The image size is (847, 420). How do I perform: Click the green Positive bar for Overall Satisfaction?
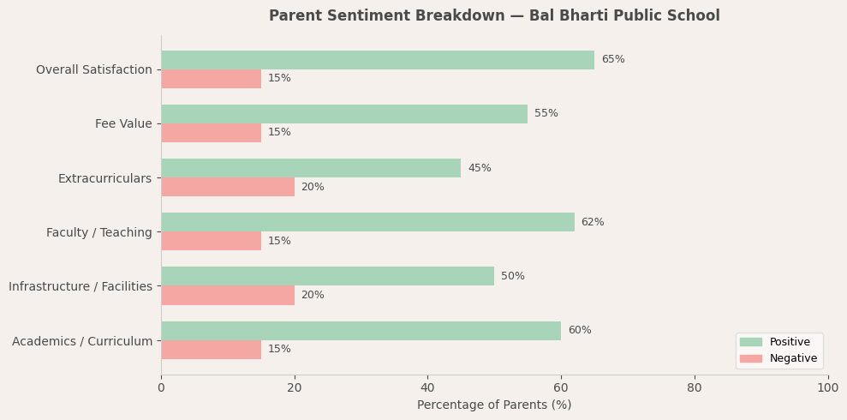coord(377,60)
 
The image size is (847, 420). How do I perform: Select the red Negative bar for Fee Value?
coord(211,133)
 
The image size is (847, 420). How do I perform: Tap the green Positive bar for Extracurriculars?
coord(310,168)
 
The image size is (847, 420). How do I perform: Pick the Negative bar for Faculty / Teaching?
coord(211,241)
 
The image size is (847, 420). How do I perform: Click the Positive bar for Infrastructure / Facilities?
coord(327,276)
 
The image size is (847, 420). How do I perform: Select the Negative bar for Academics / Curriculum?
coord(211,350)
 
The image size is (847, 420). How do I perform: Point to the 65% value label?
coord(612,60)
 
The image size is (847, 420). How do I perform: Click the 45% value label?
coord(479,169)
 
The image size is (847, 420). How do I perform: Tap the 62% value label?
coord(592,223)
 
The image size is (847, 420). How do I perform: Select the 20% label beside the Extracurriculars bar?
coord(313,188)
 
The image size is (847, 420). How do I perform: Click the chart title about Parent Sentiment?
coord(494,16)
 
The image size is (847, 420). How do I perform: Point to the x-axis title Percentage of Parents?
coord(494,405)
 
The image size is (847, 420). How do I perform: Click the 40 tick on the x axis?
coord(427,388)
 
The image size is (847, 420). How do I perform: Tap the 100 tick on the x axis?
coord(827,388)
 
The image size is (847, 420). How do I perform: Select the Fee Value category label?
coord(123,124)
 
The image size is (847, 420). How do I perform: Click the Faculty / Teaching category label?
coord(99,232)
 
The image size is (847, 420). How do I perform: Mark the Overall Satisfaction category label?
coord(94,70)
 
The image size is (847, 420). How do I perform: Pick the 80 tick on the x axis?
coord(695,388)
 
